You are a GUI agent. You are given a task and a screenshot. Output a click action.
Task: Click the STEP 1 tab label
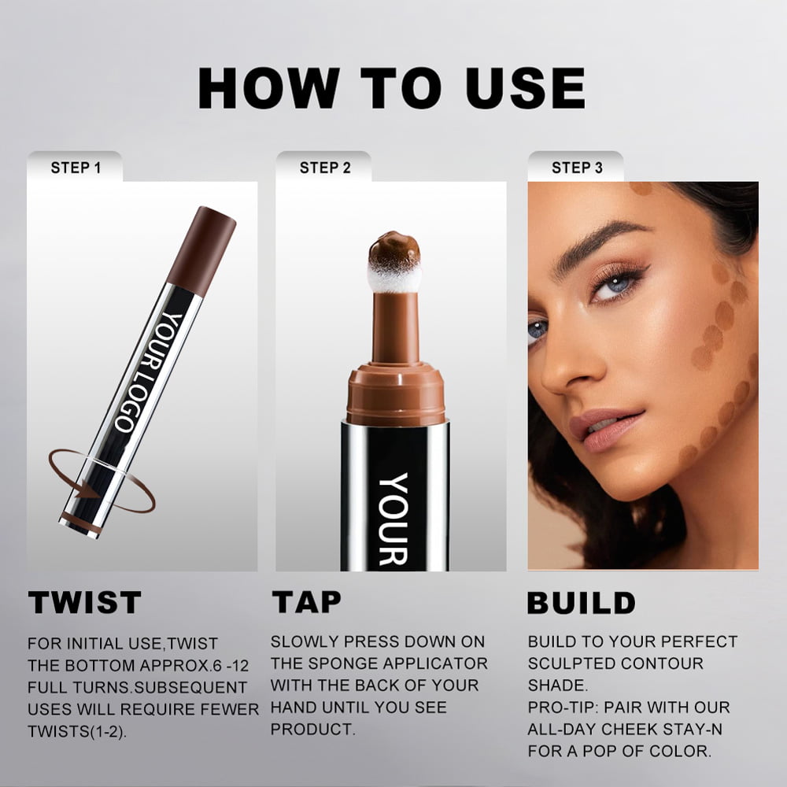[76, 168]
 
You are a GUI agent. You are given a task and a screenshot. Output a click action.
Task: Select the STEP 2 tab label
[325, 168]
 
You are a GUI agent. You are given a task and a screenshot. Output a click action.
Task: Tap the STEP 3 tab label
[577, 168]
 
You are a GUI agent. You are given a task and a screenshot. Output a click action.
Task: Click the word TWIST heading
[85, 602]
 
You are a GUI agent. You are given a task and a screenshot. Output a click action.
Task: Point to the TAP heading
[307, 602]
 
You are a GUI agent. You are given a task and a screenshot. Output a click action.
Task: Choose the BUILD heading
[582, 603]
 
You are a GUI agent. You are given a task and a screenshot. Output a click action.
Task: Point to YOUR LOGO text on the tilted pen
[149, 372]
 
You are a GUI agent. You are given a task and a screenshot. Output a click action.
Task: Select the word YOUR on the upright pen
[393, 519]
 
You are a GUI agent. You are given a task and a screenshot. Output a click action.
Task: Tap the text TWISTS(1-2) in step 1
[77, 731]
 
